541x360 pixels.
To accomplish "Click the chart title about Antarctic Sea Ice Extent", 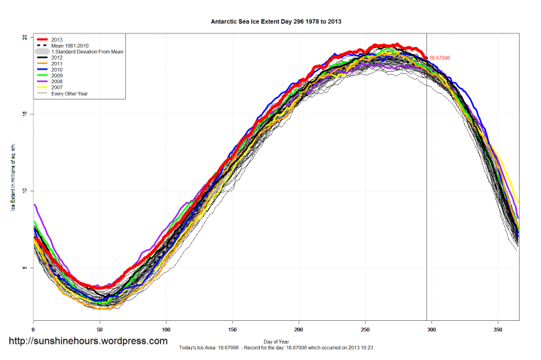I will (276, 21).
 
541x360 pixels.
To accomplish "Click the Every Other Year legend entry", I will (68, 94).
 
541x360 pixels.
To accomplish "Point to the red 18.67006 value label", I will (439, 58).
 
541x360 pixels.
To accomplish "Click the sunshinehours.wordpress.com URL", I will (88, 341).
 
